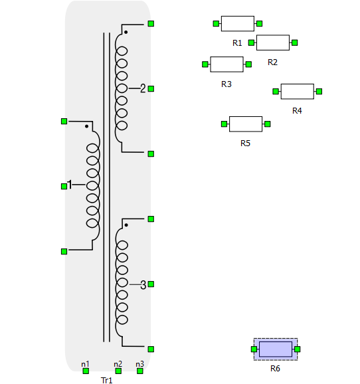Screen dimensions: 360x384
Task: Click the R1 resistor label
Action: coord(237,43)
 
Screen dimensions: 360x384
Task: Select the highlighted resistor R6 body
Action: coord(276,349)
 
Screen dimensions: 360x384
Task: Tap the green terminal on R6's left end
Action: coord(254,349)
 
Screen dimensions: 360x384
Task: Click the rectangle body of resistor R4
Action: coord(298,91)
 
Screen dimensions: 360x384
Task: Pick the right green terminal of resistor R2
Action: coord(295,43)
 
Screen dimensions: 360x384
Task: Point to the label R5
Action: coord(245,144)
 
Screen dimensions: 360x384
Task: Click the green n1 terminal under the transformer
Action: coord(86,371)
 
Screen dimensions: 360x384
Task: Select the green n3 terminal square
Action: coord(140,371)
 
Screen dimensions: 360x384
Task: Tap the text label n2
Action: coord(118,364)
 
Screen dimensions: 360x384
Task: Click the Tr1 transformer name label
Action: coord(106,380)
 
